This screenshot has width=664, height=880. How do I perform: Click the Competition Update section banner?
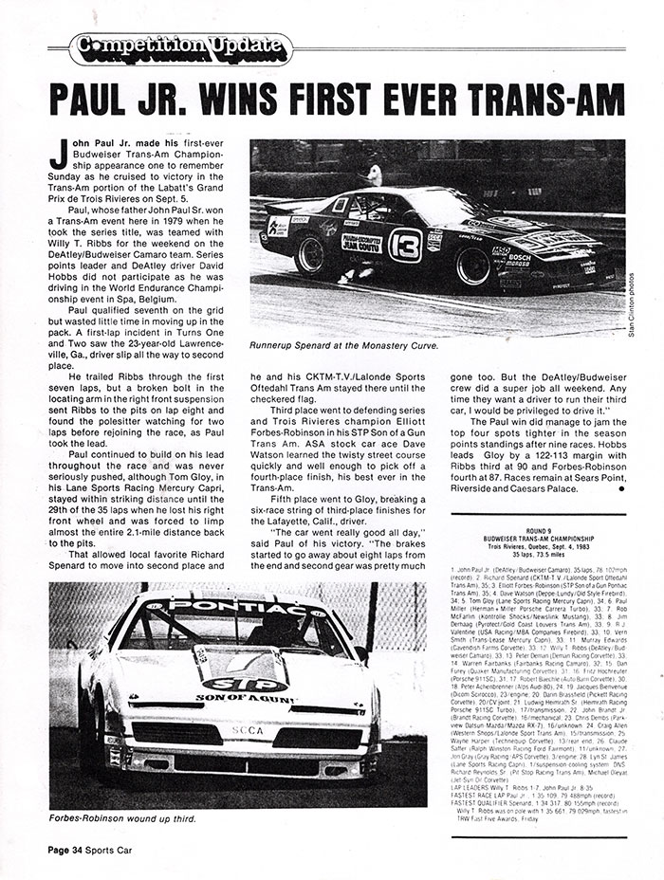(173, 44)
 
